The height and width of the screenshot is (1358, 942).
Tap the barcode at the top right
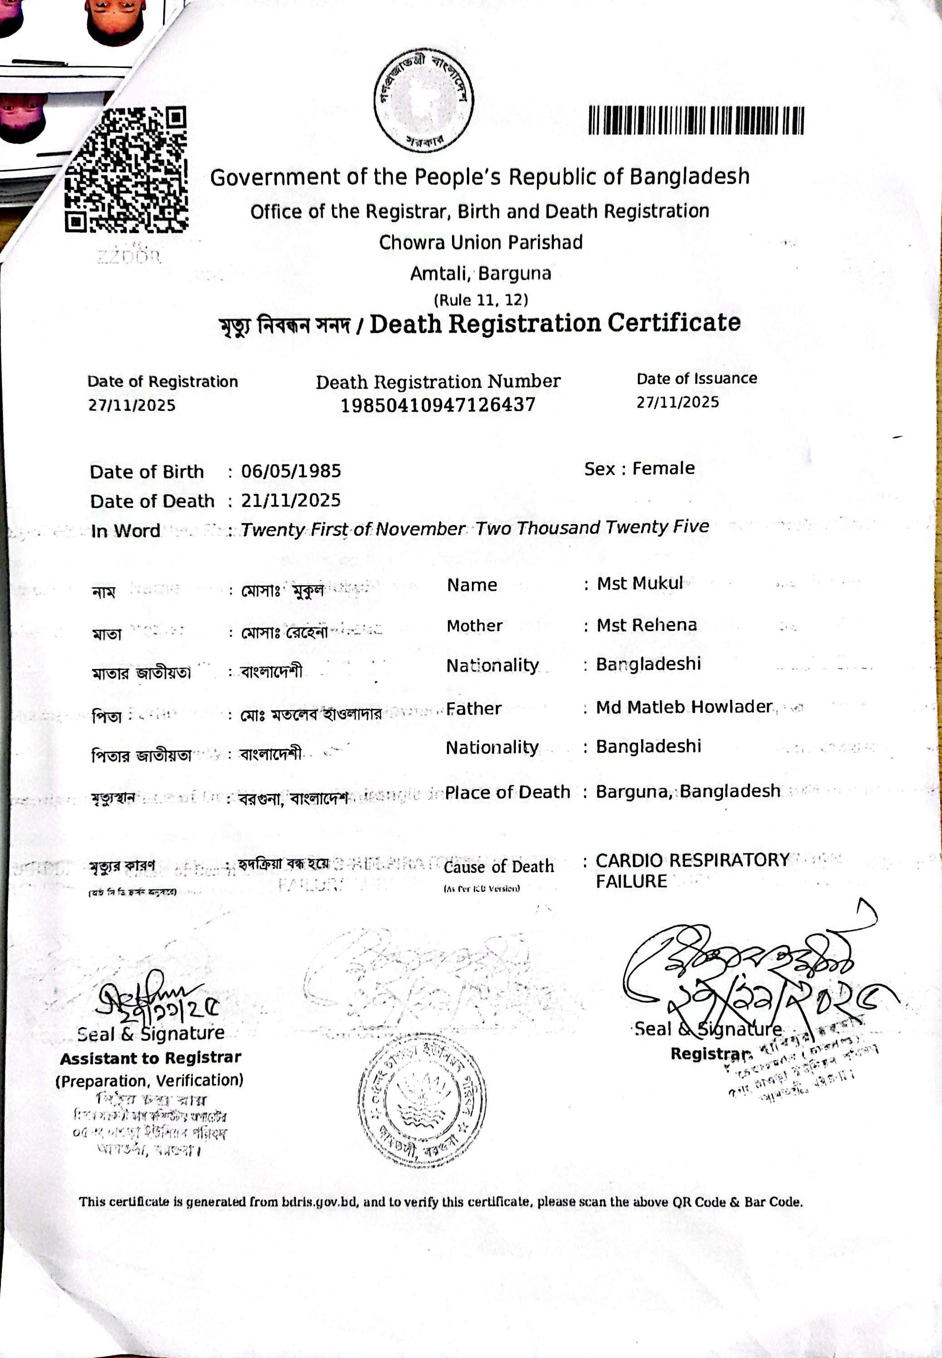(696, 120)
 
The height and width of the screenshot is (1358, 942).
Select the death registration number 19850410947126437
(438, 405)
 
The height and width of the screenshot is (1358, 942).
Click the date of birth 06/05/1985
(291, 471)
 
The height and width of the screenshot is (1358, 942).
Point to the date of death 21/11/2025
(291, 501)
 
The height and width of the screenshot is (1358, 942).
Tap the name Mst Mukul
(640, 583)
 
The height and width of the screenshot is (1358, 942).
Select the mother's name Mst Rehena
(647, 625)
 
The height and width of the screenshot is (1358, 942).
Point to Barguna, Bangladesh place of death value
(688, 791)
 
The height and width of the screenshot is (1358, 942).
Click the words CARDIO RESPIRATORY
(692, 860)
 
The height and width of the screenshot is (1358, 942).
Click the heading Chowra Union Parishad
(481, 242)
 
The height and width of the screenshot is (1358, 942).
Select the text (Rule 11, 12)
(481, 300)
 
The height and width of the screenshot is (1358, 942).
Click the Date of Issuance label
(696, 378)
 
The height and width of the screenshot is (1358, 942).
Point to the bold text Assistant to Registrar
(151, 1058)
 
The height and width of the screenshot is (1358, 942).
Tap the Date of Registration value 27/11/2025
(132, 405)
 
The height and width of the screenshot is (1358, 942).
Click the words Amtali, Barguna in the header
(481, 273)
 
